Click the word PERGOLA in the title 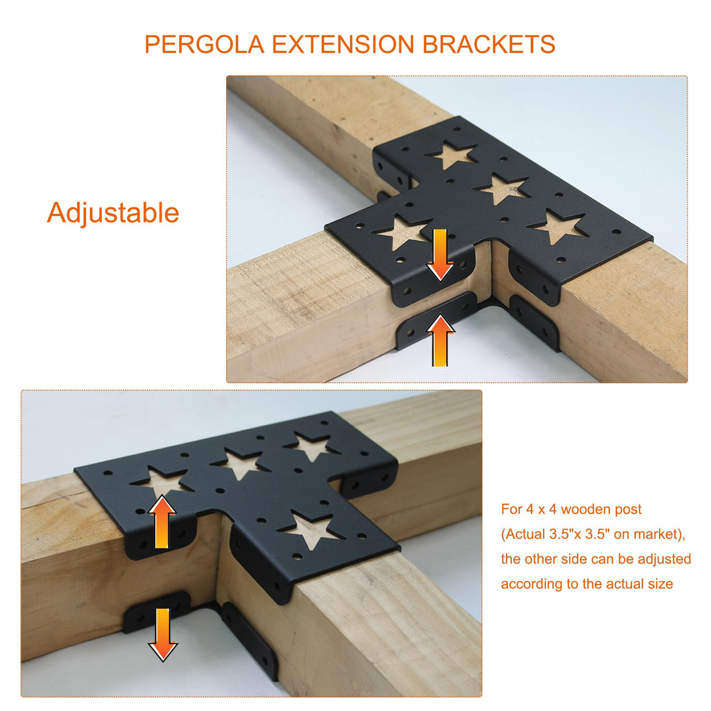point(204,45)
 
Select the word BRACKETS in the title point(488,45)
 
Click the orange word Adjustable point(113,213)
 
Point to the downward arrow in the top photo point(440,255)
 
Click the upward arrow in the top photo point(440,341)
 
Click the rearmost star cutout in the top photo point(450,155)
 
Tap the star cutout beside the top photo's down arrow point(403,232)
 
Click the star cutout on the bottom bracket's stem point(309,531)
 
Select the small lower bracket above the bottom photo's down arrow point(157,609)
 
